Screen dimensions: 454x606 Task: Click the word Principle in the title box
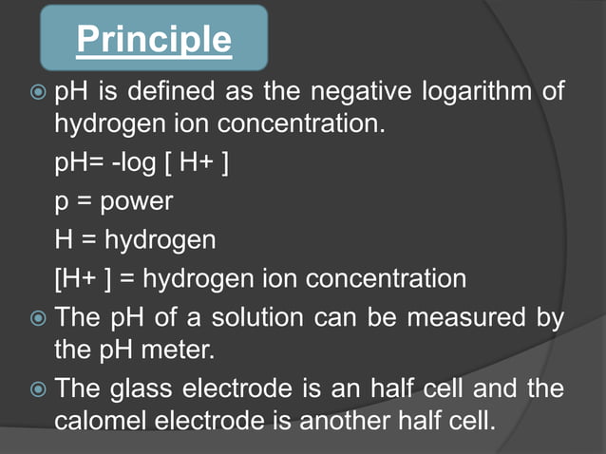tap(153, 40)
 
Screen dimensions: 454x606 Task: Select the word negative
tap(371, 93)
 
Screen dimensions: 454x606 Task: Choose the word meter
tap(178, 350)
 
